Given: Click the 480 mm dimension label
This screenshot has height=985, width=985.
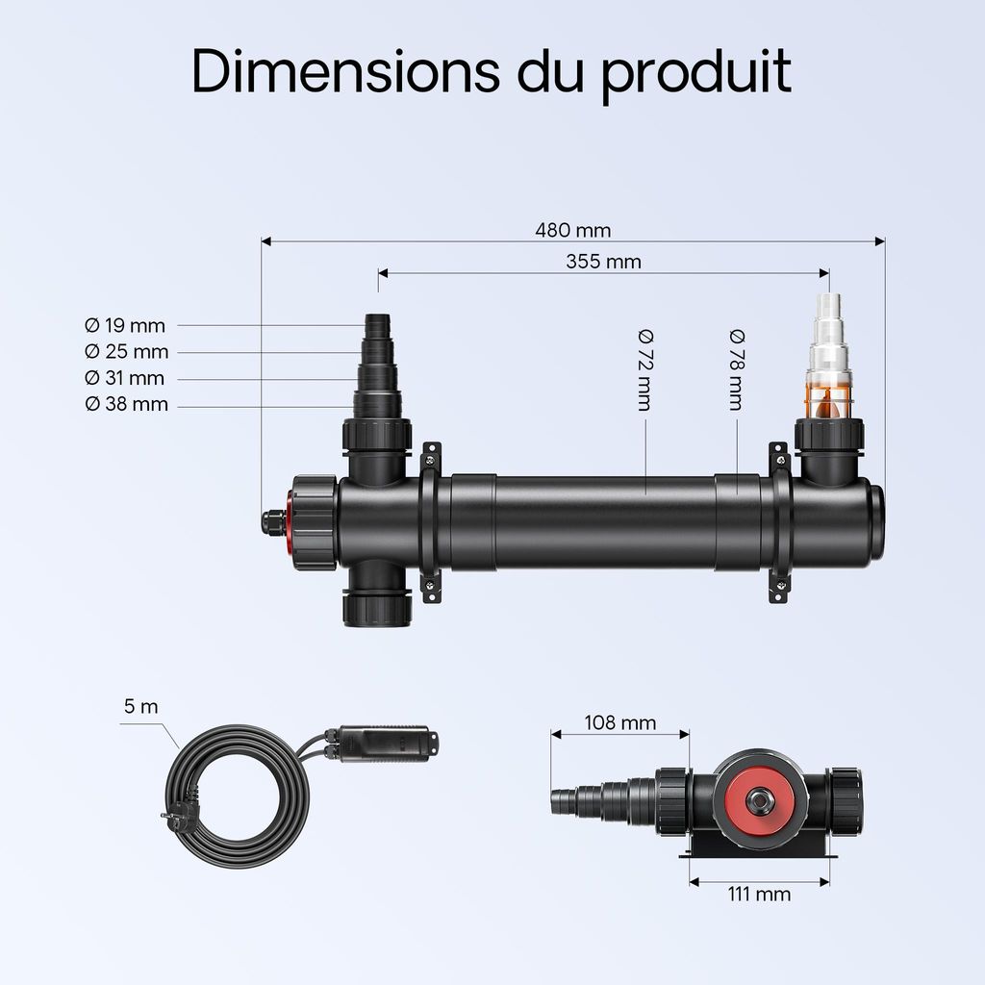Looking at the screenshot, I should pyautogui.click(x=572, y=231).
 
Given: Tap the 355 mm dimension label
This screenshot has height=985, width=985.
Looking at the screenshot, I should pyautogui.click(x=603, y=262).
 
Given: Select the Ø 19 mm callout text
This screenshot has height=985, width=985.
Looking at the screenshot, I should pyautogui.click(x=125, y=326).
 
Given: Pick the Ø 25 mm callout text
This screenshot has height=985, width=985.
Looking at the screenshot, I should pyautogui.click(x=126, y=352).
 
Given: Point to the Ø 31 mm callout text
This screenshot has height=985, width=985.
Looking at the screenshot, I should pyautogui.click(x=125, y=378).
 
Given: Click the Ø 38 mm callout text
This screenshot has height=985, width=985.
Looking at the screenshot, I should pyautogui.click(x=126, y=404).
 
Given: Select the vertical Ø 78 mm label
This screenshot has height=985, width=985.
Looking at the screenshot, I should pyautogui.click(x=736, y=370).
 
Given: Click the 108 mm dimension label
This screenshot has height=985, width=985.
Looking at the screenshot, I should pyautogui.click(x=619, y=722).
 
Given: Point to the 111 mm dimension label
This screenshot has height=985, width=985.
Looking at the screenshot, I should pyautogui.click(x=759, y=895).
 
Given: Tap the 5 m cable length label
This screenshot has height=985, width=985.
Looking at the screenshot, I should pyautogui.click(x=140, y=707).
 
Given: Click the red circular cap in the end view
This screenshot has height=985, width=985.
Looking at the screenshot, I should pyautogui.click(x=759, y=797).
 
